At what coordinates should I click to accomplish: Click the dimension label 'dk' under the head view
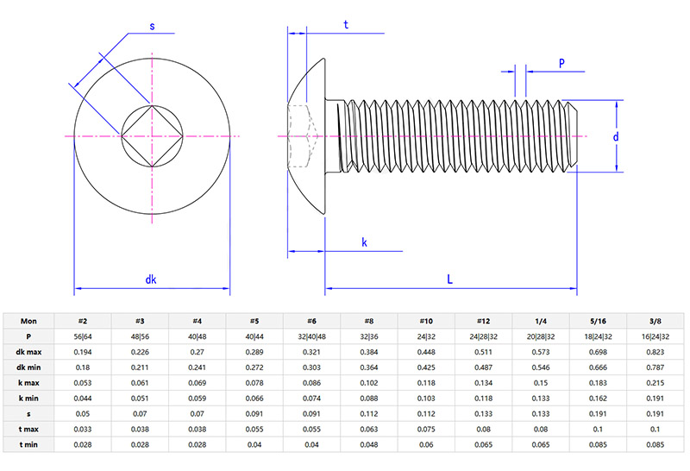(x=151, y=279)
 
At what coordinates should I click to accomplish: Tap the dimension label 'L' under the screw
(x=449, y=279)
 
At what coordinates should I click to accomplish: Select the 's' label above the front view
(x=153, y=26)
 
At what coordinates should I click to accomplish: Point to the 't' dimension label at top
(x=346, y=25)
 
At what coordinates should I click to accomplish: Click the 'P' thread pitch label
(x=561, y=63)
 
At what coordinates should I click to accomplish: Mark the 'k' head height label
(x=365, y=243)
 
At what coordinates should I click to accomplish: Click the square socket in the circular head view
(x=153, y=136)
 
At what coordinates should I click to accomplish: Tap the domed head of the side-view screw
(x=308, y=136)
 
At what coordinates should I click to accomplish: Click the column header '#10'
(x=426, y=320)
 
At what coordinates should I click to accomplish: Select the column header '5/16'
(x=598, y=320)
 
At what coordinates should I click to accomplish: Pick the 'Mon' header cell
(x=28, y=320)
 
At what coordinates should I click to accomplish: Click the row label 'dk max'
(x=28, y=352)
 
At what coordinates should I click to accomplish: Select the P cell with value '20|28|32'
(x=541, y=336)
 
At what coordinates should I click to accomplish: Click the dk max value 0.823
(x=655, y=352)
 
